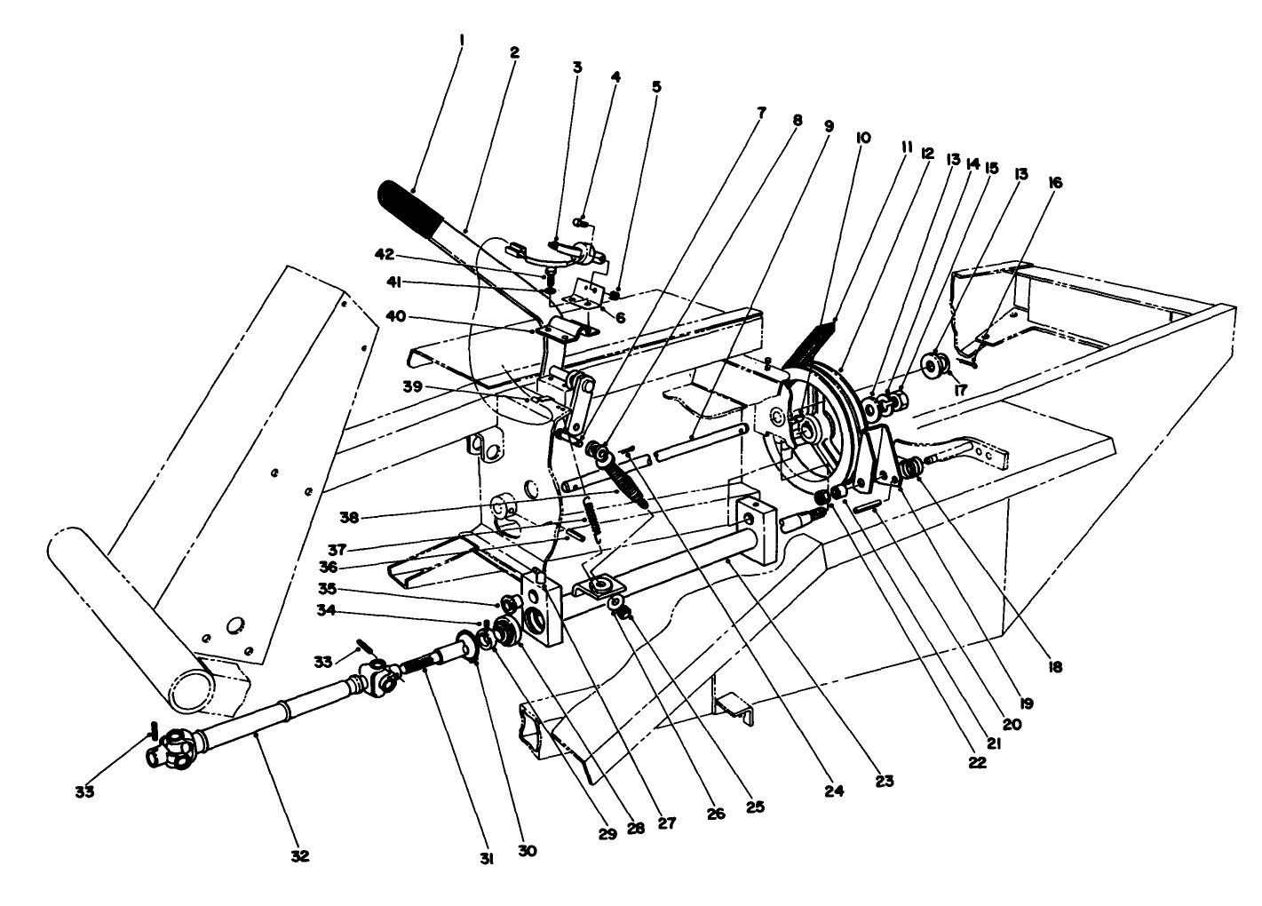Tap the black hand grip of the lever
point(412,206)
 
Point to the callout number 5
point(656,87)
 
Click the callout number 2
point(514,52)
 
